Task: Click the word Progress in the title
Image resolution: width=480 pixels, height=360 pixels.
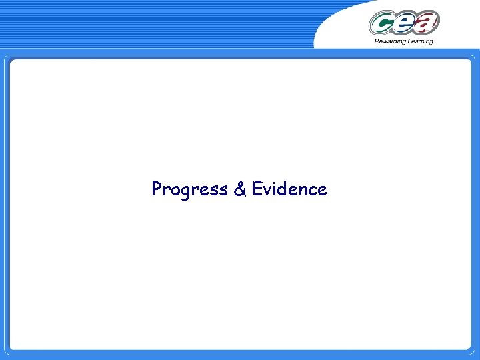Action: point(189,189)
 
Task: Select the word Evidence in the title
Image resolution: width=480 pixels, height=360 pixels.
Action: point(289,189)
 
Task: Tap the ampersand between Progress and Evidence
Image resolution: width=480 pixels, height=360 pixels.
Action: point(239,189)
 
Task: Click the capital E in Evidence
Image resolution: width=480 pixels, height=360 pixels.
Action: point(257,189)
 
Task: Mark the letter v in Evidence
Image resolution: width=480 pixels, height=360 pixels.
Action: point(266,191)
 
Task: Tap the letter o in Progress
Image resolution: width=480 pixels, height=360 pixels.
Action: point(175,191)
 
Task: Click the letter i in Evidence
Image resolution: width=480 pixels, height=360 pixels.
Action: point(273,189)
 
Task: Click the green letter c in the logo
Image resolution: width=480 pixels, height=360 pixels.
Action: point(382,23)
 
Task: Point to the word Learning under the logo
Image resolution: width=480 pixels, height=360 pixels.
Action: point(419,41)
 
